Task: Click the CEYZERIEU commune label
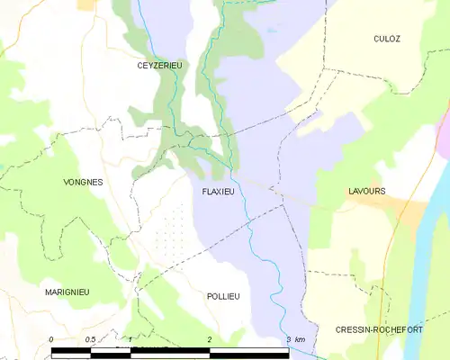159,66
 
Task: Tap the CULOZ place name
387,39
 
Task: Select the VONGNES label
83,182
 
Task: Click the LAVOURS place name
367,192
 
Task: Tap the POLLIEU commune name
223,296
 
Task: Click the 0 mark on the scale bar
51,339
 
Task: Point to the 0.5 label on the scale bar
91,339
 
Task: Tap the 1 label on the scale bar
130,339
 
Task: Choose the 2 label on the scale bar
209,339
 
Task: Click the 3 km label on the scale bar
294,339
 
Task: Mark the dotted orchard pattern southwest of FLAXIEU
171,229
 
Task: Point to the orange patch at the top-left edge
87,4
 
